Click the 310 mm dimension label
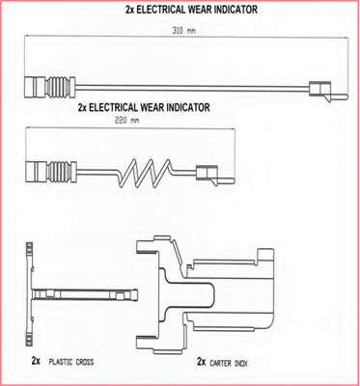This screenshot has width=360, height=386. [x=183, y=31]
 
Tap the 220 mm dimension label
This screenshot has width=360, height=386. [x=127, y=121]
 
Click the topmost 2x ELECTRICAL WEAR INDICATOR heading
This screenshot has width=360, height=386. [x=191, y=10]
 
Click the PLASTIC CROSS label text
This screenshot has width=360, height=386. [x=71, y=362]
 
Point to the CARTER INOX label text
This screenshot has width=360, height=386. [x=229, y=363]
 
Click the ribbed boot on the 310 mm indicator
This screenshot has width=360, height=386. [x=60, y=86]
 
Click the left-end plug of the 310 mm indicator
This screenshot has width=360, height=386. [x=35, y=86]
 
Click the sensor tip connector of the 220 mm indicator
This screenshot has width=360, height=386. [x=215, y=175]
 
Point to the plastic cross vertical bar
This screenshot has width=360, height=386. [x=29, y=293]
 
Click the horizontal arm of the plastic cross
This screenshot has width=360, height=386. [x=85, y=294]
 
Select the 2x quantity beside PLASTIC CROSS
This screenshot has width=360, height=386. [x=36, y=361]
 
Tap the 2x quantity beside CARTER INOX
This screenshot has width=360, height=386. [x=201, y=362]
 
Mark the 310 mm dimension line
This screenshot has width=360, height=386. [x=186, y=38]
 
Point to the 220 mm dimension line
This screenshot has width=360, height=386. [x=130, y=129]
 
